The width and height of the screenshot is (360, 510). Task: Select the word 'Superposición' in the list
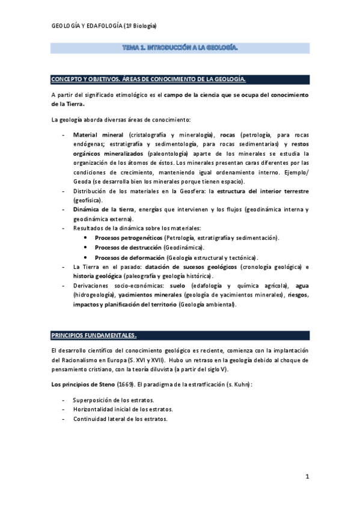[x=91, y=399]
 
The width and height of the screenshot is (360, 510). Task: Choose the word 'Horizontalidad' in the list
[x=93, y=409]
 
